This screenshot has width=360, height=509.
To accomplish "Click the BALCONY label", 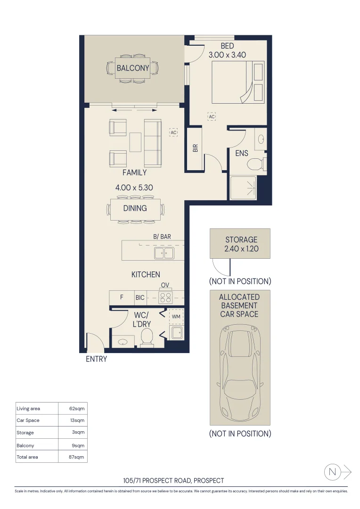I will [133, 68].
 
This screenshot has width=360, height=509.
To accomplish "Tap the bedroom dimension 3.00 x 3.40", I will [227, 55].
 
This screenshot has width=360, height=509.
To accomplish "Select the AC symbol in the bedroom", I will [212, 116].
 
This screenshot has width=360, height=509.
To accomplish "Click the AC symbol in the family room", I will [173, 133].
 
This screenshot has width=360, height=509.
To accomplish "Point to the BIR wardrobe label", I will [195, 148].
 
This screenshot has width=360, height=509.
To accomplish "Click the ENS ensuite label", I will [242, 153].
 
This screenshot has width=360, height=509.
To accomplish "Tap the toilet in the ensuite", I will [256, 164].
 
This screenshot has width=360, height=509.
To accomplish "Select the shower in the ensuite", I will [243, 188].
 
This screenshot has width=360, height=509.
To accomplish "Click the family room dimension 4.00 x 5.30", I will [134, 187].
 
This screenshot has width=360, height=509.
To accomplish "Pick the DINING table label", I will [135, 208].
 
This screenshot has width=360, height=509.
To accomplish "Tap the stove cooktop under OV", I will [165, 297].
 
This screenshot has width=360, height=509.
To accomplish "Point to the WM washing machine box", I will [176, 316].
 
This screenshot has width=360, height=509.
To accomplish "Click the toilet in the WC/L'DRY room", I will [147, 337].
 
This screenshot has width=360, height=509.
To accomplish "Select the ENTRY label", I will [96, 359].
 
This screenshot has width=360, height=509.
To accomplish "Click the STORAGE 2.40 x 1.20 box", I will [240, 244].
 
